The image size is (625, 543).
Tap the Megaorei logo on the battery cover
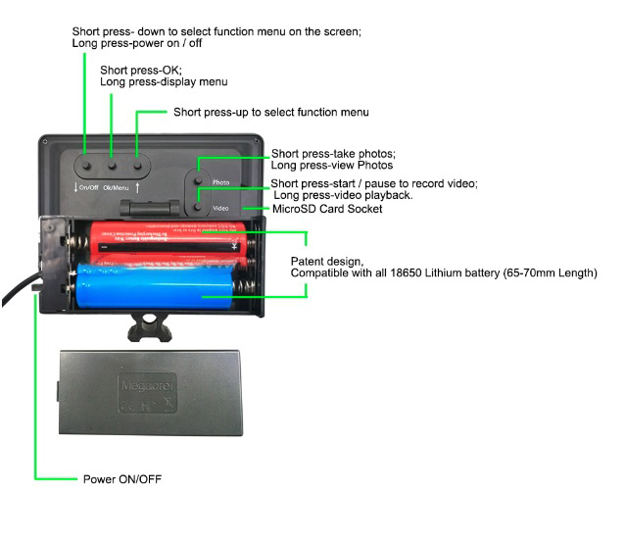145,384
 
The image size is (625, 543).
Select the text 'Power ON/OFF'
123,480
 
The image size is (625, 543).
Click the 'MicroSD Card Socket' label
326,209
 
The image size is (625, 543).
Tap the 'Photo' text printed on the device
220,183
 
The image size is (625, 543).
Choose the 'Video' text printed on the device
220,208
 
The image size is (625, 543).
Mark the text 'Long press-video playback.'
342,196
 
